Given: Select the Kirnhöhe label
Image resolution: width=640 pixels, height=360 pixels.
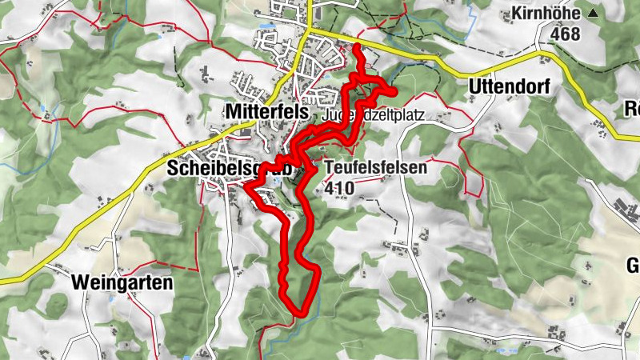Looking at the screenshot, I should (546, 14).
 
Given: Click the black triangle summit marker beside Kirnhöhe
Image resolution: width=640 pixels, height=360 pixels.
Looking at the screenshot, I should (593, 14).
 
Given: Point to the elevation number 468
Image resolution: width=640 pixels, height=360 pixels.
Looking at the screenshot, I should (565, 34).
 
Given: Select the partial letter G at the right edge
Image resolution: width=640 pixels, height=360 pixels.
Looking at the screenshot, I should (633, 266).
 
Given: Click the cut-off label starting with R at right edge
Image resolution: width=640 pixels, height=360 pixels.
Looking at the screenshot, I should (632, 110).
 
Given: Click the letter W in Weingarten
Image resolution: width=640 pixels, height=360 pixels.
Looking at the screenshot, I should (81, 282).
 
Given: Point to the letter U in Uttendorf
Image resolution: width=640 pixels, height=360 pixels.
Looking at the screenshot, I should (474, 86).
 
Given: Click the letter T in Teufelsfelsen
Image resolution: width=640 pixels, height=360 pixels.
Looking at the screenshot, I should (330, 169).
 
